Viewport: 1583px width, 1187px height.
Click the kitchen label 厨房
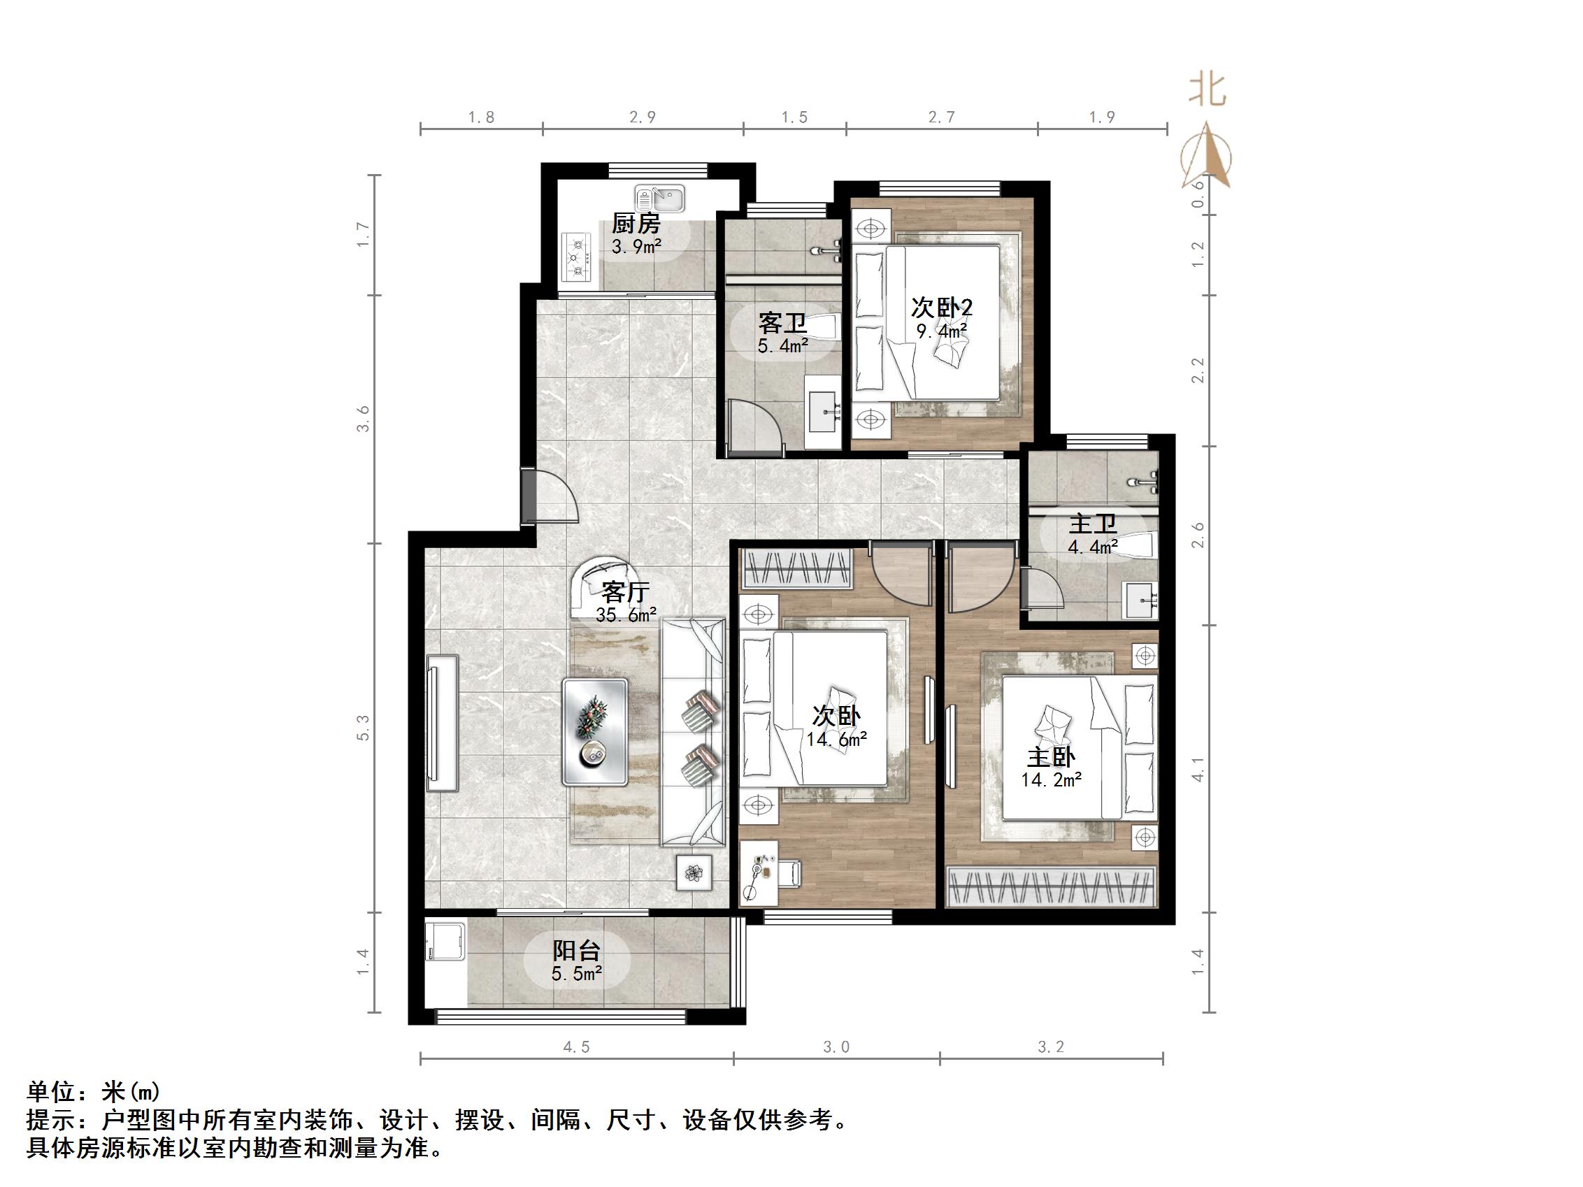coord(636,224)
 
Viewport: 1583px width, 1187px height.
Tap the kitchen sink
coord(660,196)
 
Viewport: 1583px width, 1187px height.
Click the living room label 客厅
coord(626,591)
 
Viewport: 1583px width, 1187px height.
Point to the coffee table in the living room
coord(596,732)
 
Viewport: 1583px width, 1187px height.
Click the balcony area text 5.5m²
coord(576,974)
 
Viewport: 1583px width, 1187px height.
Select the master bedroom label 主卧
coord(1051,757)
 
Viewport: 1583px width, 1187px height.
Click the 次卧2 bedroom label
coord(942,308)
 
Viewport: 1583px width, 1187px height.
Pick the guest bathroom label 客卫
coord(783,324)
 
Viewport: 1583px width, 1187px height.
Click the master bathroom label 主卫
coord(1093,524)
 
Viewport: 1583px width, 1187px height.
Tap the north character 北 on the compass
coord(1208,91)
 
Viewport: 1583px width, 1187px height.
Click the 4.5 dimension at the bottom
coord(576,1047)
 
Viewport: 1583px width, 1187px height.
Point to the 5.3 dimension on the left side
coord(364,728)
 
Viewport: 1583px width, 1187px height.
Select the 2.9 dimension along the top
coord(643,117)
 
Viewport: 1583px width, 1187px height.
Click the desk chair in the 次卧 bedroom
coord(790,873)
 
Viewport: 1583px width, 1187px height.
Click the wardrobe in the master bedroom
coord(1052,887)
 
